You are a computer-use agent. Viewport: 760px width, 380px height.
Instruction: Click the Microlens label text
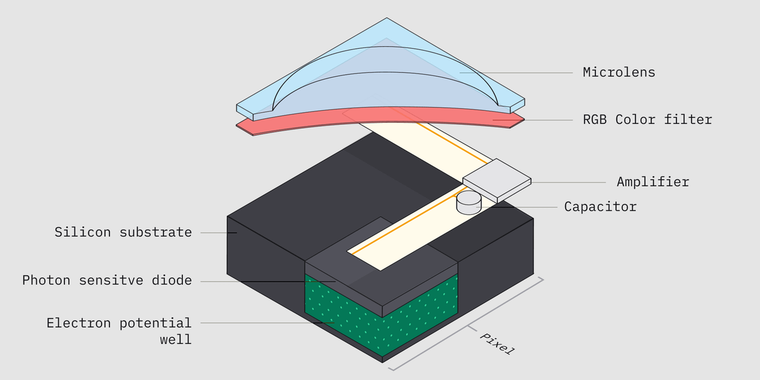(619, 72)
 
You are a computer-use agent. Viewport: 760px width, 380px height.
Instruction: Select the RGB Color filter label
(647, 120)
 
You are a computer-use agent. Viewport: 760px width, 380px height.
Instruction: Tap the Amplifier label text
(652, 182)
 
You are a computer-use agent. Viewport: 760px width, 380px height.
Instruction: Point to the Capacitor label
(600, 207)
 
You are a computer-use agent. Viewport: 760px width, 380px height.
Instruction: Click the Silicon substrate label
(123, 232)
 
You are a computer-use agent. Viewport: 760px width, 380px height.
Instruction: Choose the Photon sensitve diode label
(106, 281)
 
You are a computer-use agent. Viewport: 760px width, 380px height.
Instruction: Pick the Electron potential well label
(118, 331)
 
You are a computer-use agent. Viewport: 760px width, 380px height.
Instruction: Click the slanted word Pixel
(498, 343)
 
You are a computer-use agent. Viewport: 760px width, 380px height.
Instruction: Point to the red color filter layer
(380, 120)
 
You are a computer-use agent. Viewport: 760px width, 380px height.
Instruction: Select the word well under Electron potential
(175, 340)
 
